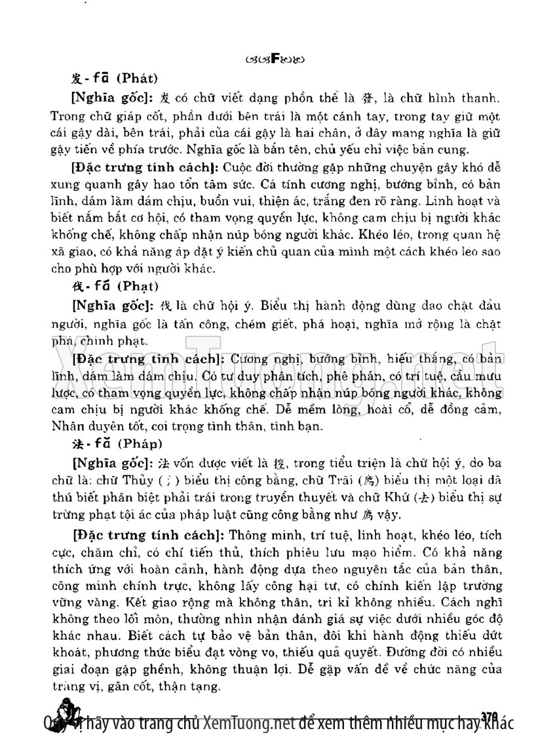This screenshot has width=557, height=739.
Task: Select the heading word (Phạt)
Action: pyautogui.click(x=136, y=286)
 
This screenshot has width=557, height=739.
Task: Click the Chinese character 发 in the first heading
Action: pyautogui.click(x=76, y=79)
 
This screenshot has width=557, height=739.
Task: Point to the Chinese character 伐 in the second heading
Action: pyautogui.click(x=76, y=286)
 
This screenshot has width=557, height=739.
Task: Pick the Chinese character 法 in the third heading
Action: pyautogui.click(x=76, y=443)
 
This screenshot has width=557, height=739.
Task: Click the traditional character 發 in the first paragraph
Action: pyautogui.click(x=366, y=100)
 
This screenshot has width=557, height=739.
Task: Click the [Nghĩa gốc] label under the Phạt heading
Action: pyautogui.click(x=109, y=306)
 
